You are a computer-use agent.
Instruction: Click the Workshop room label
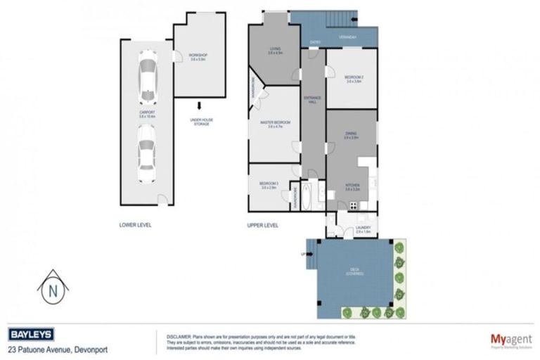point(198,56)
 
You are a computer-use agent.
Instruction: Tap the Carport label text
point(147,114)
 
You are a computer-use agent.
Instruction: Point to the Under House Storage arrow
point(199,107)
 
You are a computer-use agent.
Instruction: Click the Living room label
point(276,51)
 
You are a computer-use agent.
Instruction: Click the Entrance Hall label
point(311,100)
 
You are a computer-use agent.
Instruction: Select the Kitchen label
point(352,187)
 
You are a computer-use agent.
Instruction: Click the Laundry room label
point(363,229)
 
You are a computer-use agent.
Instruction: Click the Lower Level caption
point(135,225)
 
